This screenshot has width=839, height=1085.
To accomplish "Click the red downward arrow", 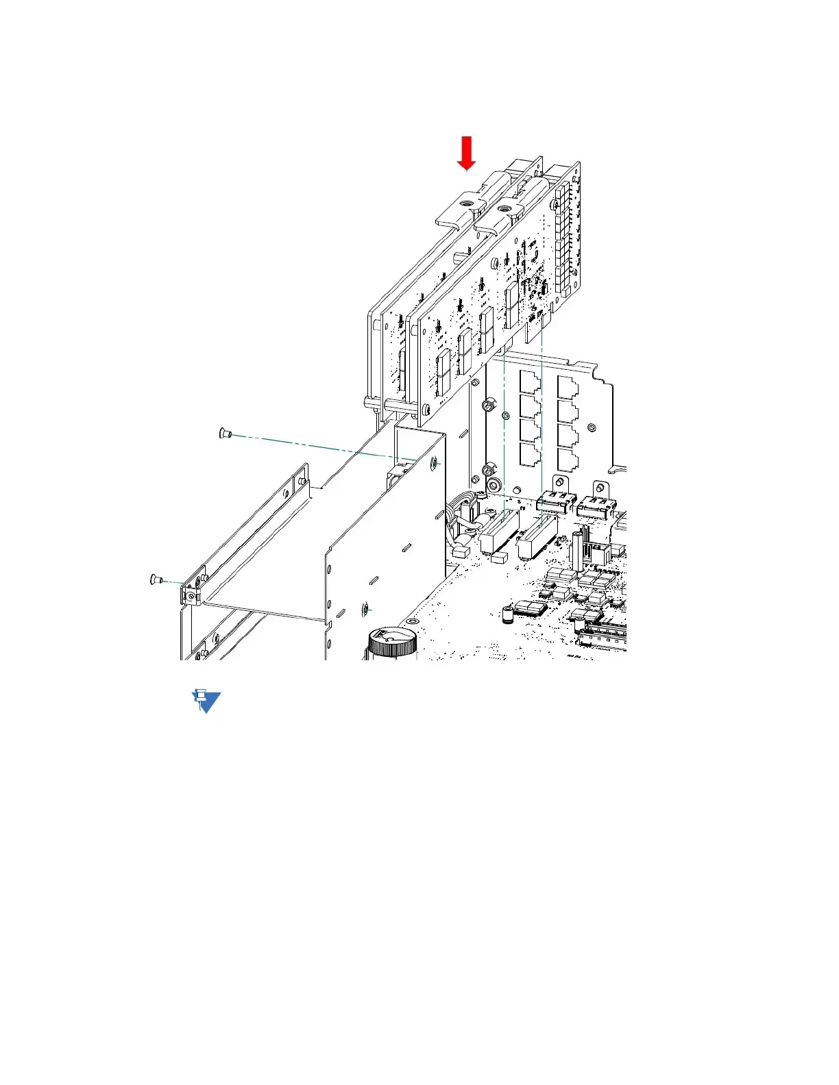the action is pos(467,152).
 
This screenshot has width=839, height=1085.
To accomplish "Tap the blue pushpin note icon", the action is pos(205,701).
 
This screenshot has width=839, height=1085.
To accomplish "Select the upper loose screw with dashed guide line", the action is pos(225,433).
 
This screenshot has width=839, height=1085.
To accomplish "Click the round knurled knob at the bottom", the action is pos(393,644).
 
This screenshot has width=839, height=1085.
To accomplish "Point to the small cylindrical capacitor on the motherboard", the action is pos(508,614).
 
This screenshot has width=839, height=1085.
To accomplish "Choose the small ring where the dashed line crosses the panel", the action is pos(506,416).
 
